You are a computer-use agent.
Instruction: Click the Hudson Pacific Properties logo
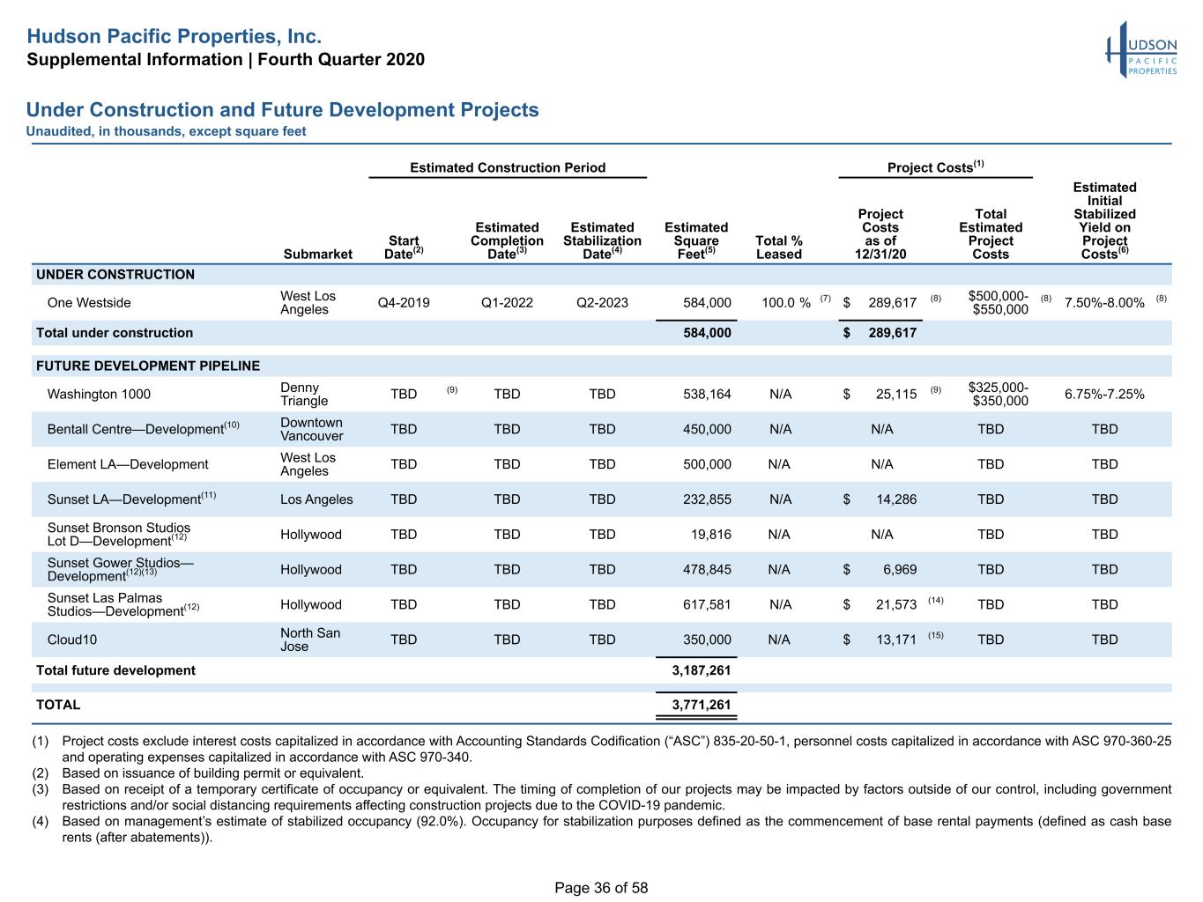[1141, 49]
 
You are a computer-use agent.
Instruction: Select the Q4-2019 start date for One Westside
[404, 303]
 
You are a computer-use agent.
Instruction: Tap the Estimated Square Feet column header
[696, 240]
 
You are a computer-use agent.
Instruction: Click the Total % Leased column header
[778, 248]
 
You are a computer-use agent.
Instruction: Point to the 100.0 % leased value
[785, 303]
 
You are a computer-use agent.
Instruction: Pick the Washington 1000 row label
[99, 395]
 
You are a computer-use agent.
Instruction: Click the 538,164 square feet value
[707, 395]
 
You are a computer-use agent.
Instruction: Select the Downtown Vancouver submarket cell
[311, 429]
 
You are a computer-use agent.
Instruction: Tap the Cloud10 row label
[71, 640]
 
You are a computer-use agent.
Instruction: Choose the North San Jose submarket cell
[310, 640]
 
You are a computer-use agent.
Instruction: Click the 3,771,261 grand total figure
[701, 705]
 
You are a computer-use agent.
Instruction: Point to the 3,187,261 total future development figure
[701, 670]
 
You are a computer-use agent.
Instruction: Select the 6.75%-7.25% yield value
[1103, 395]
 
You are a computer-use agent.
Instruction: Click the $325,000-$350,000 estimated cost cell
[998, 395]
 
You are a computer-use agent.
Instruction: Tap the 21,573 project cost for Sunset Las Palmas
[895, 604]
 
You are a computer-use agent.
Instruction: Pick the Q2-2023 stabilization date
[602, 303]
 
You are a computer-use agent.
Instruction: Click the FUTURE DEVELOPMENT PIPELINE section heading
[148, 366]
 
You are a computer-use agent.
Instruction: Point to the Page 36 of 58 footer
[601, 888]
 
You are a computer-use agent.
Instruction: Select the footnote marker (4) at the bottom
[40, 822]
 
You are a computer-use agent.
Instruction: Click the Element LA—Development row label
[128, 464]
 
